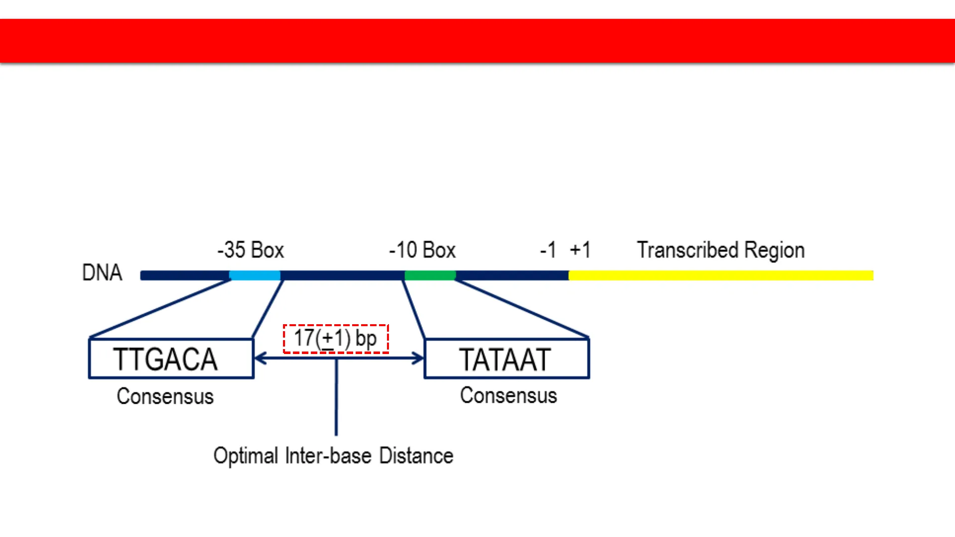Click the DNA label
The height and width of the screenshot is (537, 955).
point(102,272)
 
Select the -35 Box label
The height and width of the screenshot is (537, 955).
point(251,250)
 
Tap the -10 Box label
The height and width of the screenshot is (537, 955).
point(422,250)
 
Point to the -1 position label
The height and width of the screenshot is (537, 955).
point(548,250)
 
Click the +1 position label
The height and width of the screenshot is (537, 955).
point(580,250)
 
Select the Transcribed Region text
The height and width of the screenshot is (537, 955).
point(721,250)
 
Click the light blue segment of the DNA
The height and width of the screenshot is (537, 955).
point(255,275)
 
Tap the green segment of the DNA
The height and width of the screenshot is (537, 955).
point(430,275)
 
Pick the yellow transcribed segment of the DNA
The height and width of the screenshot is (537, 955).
point(721,275)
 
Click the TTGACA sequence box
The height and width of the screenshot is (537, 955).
point(171,358)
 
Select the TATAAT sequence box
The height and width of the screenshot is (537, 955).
point(506,358)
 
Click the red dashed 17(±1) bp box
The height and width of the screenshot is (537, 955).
point(336,339)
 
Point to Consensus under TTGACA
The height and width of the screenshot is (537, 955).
point(165,396)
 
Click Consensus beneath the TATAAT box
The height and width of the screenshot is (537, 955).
point(508,395)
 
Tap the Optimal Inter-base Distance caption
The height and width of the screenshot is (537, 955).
point(333,455)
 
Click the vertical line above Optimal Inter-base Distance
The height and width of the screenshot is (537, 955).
point(336,398)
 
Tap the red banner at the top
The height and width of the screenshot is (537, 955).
point(477,41)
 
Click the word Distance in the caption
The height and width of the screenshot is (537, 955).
point(416,455)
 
